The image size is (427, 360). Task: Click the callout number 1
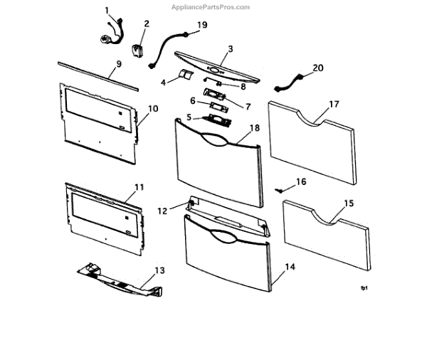click(107, 11)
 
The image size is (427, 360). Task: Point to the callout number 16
click(301, 182)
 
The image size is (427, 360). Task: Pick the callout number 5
click(189, 117)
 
